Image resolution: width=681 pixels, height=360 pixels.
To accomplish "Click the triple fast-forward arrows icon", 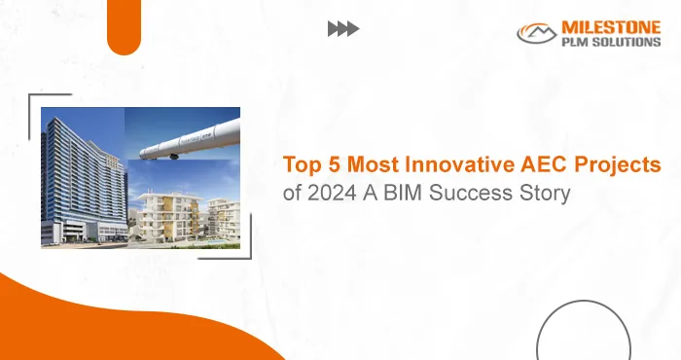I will click(x=342, y=29).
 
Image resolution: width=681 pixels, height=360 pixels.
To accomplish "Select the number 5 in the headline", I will click(x=329, y=166).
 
